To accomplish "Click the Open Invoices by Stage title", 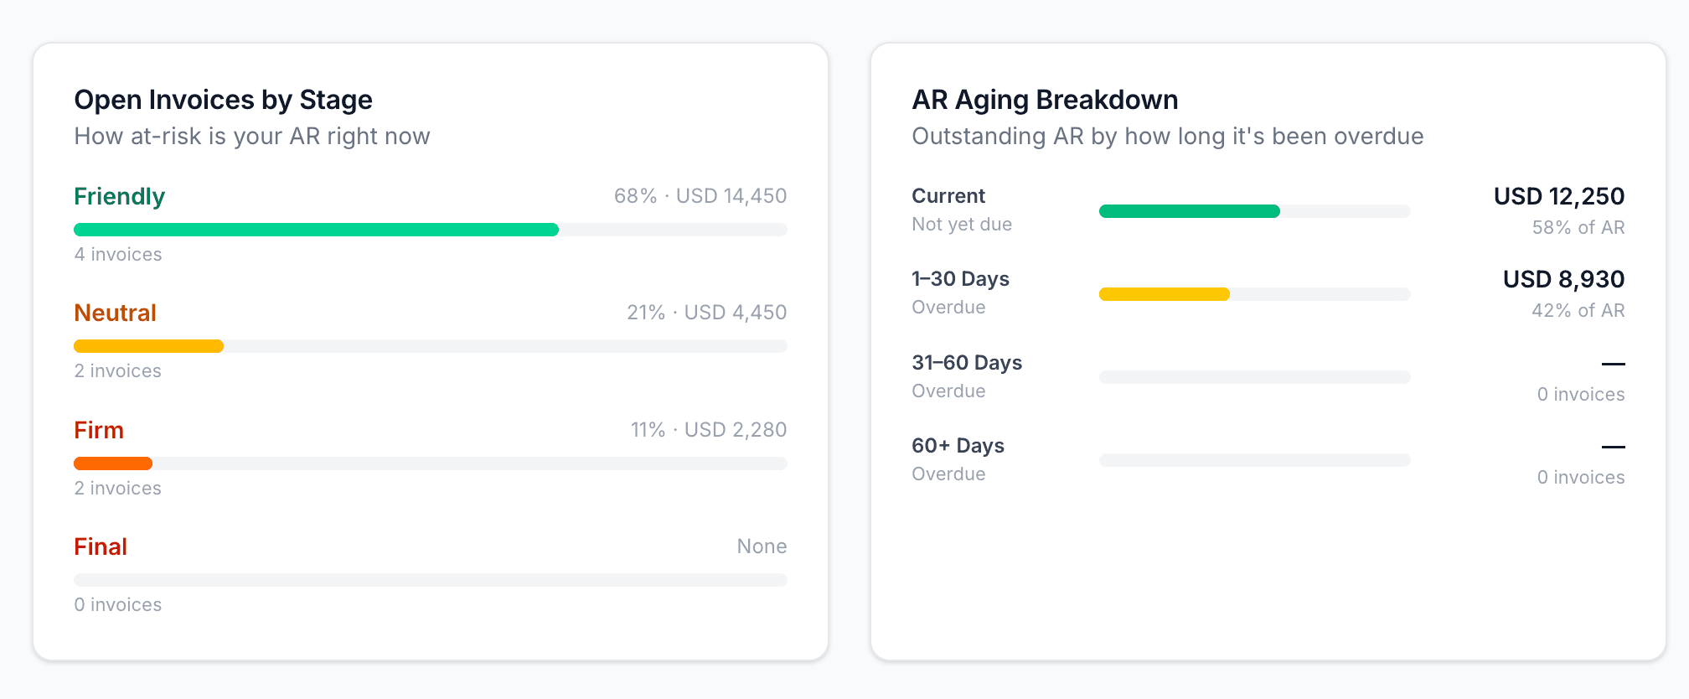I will [x=223, y=100].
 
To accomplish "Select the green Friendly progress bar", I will [x=316, y=230].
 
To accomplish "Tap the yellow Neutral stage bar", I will [x=148, y=346].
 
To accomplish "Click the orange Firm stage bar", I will [x=113, y=463].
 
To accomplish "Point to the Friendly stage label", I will [x=119, y=196].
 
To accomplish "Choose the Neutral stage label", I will [x=115, y=313].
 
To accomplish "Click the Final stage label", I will [x=101, y=546].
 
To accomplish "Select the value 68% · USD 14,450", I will [x=700, y=196].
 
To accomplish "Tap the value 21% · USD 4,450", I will [x=706, y=313].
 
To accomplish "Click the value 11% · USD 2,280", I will [x=708, y=430].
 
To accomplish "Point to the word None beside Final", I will [x=762, y=546].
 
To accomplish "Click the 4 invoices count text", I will [x=118, y=255].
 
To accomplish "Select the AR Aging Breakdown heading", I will [x=1045, y=100].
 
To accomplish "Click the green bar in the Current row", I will [x=1189, y=211].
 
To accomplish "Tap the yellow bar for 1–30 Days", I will [x=1164, y=294].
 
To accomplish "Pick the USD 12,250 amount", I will [x=1558, y=196].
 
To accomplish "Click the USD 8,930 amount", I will [x=1563, y=279].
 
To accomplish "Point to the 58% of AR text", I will [x=1578, y=228].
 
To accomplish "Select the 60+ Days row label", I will [x=958, y=446].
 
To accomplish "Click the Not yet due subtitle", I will [x=962, y=225].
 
